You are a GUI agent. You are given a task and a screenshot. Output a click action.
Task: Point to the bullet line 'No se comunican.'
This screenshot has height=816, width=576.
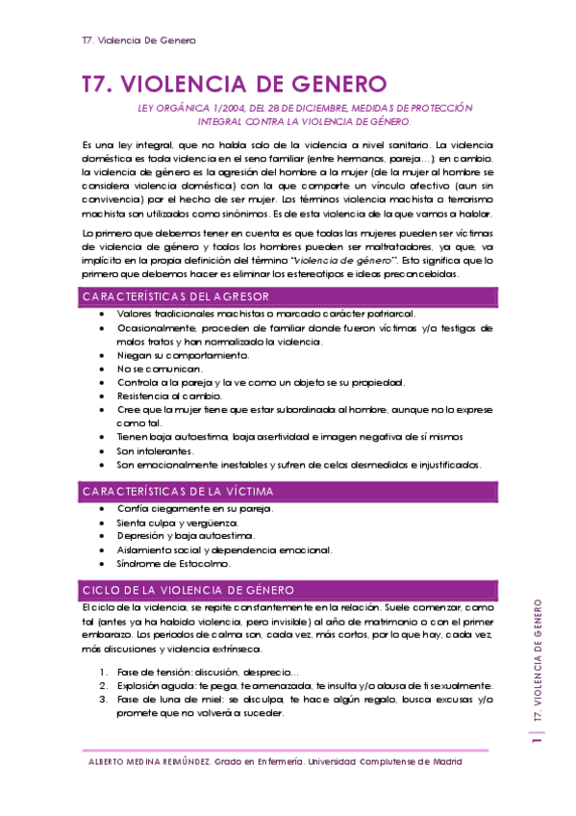160,369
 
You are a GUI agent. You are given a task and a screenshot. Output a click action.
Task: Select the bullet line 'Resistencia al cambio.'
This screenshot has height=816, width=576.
169,395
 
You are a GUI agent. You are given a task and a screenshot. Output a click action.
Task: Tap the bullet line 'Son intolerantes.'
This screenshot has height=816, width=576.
155,450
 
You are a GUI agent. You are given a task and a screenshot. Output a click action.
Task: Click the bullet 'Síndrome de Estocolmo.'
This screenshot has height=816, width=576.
165,563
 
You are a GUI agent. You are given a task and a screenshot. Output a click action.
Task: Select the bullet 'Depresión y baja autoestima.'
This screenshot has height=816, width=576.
172,536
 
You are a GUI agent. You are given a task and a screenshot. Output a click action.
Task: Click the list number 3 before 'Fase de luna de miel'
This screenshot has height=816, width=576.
103,700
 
